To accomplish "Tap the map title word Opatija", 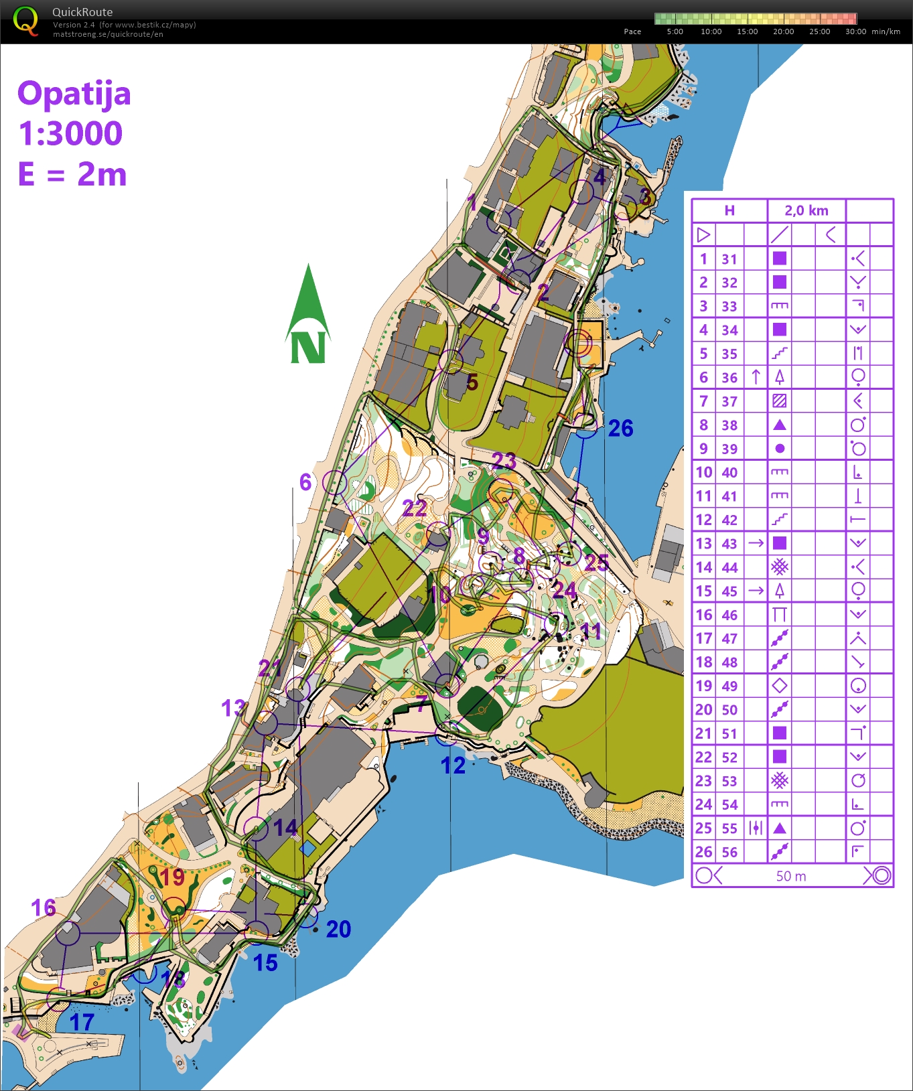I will [x=74, y=94].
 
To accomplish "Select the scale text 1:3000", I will [x=70, y=134].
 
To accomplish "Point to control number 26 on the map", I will [x=620, y=429].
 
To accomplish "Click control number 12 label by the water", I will [x=453, y=766].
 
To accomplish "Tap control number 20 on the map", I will [x=338, y=929].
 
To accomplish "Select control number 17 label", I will [x=82, y=1022].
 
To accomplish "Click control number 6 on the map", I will [x=305, y=482].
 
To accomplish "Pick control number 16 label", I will [x=44, y=907].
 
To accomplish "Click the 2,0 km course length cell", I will [x=806, y=210].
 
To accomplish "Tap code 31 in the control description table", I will [x=729, y=259].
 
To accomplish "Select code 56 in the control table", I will [x=729, y=852].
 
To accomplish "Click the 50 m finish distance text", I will [x=791, y=876].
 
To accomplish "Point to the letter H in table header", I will [x=729, y=210].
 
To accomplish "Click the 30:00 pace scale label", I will [x=855, y=31].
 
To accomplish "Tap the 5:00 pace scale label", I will [x=675, y=31].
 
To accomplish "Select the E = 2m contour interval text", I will [x=72, y=175].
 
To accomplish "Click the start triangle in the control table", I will [x=703, y=234].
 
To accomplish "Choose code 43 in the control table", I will [x=729, y=544].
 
